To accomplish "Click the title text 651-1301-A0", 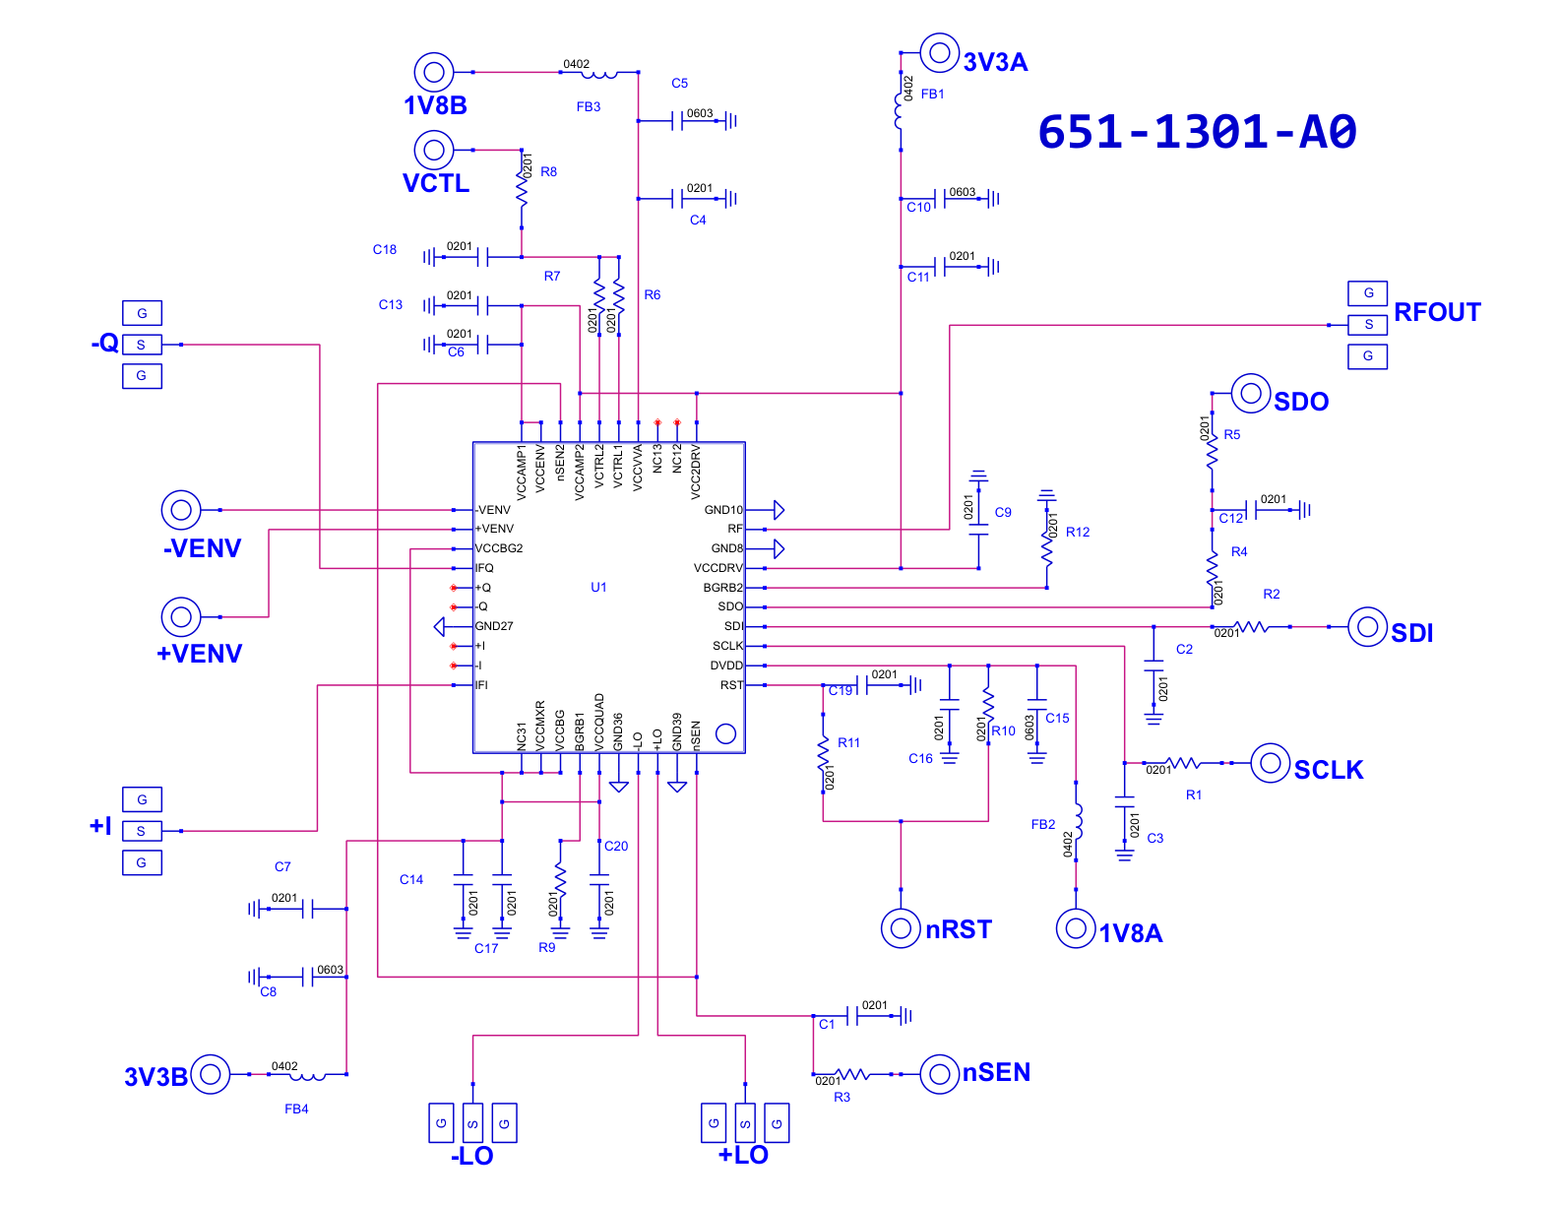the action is click(x=1197, y=132).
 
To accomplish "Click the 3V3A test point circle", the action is click(x=939, y=52).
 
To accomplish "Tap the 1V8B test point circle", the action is click(x=434, y=72).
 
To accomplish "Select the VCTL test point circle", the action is click(x=434, y=150).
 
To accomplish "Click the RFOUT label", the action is click(x=1437, y=312).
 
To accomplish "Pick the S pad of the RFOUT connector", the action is click(x=1367, y=325).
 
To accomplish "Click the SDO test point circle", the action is click(x=1251, y=393).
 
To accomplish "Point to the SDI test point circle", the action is click(x=1367, y=626).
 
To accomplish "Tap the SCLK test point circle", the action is click(x=1270, y=763).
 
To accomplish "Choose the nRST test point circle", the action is click(x=901, y=928).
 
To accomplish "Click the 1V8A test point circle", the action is click(x=1076, y=928).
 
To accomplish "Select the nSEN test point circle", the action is click(x=939, y=1074).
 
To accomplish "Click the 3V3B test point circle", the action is click(x=211, y=1074).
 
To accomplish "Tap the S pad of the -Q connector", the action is click(x=142, y=345).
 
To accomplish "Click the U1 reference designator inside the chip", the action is click(x=598, y=587).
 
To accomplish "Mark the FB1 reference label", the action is click(x=932, y=94).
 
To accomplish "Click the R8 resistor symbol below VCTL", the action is click(x=522, y=188).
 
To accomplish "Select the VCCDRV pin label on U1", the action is click(x=718, y=568).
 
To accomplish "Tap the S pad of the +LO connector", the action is click(x=745, y=1123).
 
